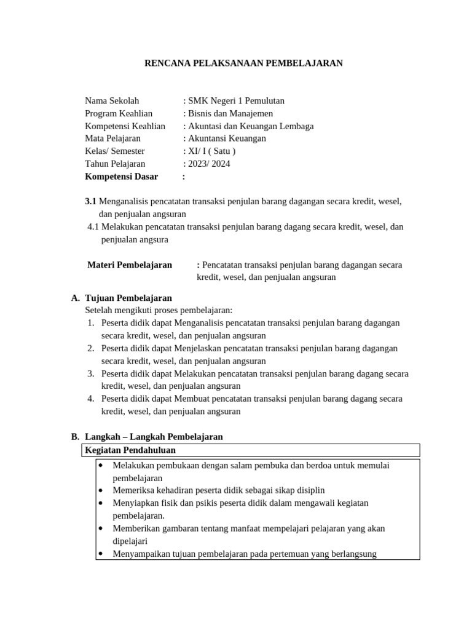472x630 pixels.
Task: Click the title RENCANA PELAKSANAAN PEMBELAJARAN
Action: click(243, 63)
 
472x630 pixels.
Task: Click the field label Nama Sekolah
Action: click(112, 101)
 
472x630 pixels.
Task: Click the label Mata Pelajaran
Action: click(112, 138)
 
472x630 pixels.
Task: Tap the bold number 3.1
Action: click(90, 201)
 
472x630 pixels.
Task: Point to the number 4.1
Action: click(93, 226)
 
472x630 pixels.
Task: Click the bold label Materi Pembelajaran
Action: click(130, 265)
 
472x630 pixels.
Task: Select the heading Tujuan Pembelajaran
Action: click(128, 298)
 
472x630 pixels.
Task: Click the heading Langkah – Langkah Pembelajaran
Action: click(153, 436)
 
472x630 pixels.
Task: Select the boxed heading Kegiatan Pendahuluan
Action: click(130, 451)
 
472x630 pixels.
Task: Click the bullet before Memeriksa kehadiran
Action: click(100, 490)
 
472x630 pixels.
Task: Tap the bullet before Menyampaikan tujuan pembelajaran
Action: click(100, 553)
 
